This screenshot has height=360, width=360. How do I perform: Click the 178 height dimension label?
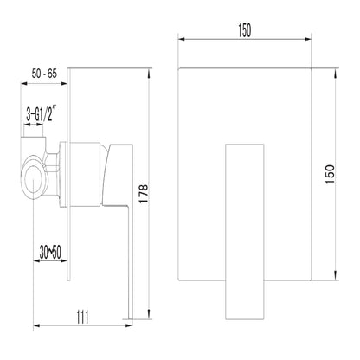[x=144, y=194]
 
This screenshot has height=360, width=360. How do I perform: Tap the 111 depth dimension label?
[x=82, y=317]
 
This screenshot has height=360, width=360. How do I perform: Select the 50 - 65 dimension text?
[x=44, y=74]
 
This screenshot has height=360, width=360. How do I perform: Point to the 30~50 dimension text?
[x=50, y=253]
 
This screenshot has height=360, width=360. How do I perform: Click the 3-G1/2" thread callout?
[x=41, y=114]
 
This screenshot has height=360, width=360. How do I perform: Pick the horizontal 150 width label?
[x=245, y=30]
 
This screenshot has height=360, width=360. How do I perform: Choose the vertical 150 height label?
[x=330, y=174]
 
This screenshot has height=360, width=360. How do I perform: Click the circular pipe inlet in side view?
[x=34, y=178]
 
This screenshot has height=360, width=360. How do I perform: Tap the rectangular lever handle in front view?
[x=245, y=232]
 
